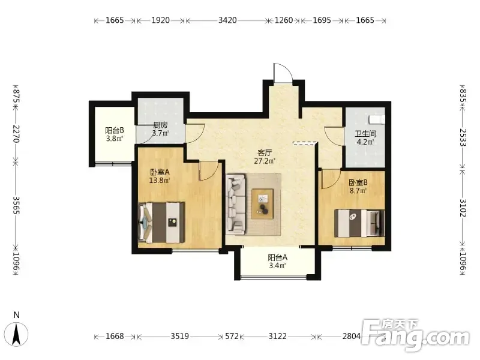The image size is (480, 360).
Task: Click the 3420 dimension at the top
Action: [227, 20]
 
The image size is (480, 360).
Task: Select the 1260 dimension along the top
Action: [284, 20]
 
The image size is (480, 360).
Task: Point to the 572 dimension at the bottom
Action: [232, 337]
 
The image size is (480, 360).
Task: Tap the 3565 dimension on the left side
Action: [16, 205]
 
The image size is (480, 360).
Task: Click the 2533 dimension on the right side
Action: [463, 137]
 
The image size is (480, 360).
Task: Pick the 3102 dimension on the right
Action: [463, 208]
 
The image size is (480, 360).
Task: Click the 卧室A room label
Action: [160, 172]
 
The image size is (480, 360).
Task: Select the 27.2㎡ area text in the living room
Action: [265, 161]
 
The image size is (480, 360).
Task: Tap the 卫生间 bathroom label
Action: [365, 134]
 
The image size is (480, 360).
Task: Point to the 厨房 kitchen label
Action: [160, 125]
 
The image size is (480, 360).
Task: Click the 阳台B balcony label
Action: [115, 130]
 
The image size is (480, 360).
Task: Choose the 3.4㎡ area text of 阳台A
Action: [278, 265]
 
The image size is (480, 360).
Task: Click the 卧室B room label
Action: [358, 183]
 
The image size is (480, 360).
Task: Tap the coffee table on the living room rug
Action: [262, 204]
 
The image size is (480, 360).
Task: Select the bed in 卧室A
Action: [161, 223]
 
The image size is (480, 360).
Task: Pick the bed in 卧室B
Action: [359, 223]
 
